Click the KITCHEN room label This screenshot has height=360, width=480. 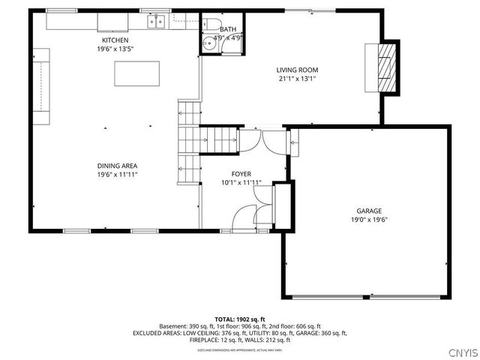pos(116,40)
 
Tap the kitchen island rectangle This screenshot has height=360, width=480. pos(138,74)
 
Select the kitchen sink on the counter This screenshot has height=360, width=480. pos(156,22)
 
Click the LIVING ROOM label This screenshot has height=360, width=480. pos(298,70)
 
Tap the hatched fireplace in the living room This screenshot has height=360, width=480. pos(385,67)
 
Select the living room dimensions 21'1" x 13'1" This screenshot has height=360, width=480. pos(298,78)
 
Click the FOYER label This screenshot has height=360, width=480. pos(241,174)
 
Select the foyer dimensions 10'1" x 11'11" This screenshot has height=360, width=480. pos(241,182)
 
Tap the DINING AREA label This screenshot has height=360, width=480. pos(117,166)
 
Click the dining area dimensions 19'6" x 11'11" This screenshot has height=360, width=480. pos(117,174)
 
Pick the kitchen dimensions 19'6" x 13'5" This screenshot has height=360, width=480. pos(116,48)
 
